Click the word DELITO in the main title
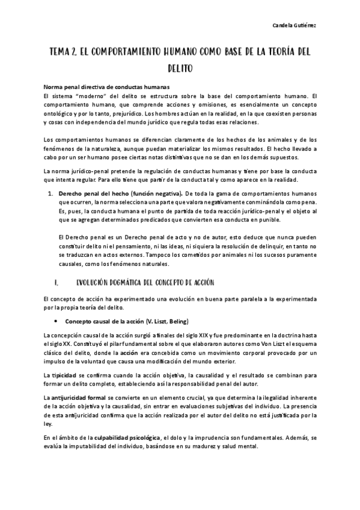pyautogui.click(x=180, y=69)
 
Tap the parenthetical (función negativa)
pyautogui.click(x=156, y=194)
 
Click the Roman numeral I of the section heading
pyautogui.click(x=55, y=282)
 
